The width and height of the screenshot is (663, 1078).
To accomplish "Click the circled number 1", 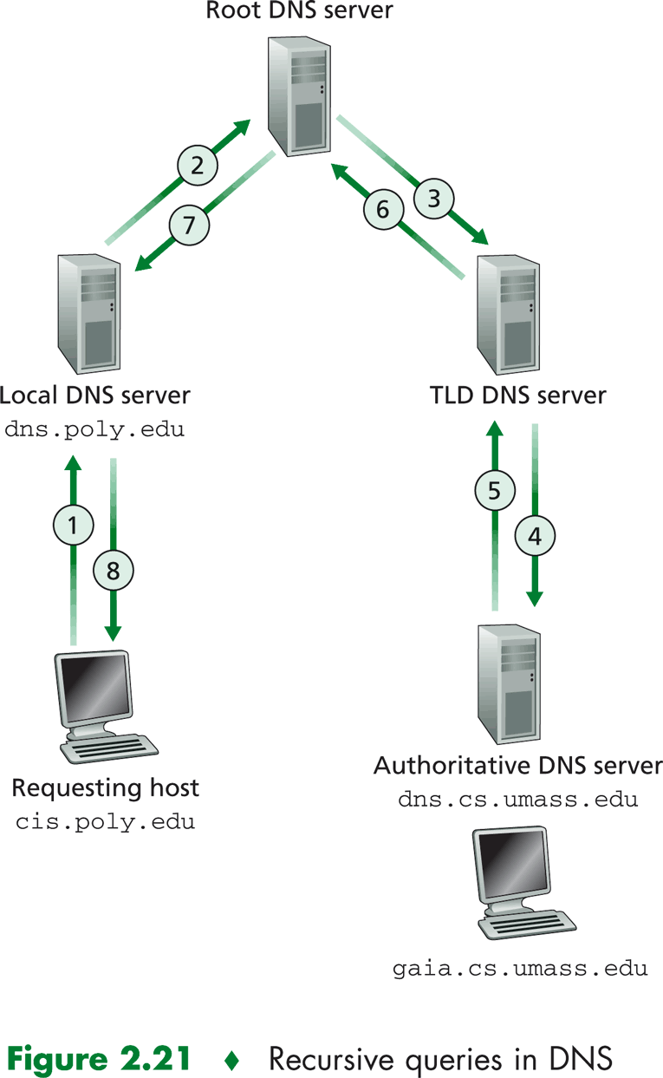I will pos(73,525).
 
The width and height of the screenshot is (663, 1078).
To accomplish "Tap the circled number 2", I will pos(197,164).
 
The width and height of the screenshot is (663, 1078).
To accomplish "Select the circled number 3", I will pos(434,199).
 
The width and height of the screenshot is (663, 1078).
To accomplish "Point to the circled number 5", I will pos(494,491).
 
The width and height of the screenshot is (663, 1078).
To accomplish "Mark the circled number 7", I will pos(188,225).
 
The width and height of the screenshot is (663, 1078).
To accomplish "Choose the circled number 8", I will pos(113,570).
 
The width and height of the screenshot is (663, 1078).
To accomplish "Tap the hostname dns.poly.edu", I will pos(94,429).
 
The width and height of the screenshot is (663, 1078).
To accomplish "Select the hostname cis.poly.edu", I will pos(106,821).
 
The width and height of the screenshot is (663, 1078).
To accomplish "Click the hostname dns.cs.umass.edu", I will pos(517,799).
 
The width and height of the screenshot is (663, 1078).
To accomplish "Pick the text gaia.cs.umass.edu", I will pos(517,968).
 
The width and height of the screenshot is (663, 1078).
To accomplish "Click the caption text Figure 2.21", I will pos(99,1058).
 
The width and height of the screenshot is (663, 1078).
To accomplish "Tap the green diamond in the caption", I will pos(230,1059).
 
